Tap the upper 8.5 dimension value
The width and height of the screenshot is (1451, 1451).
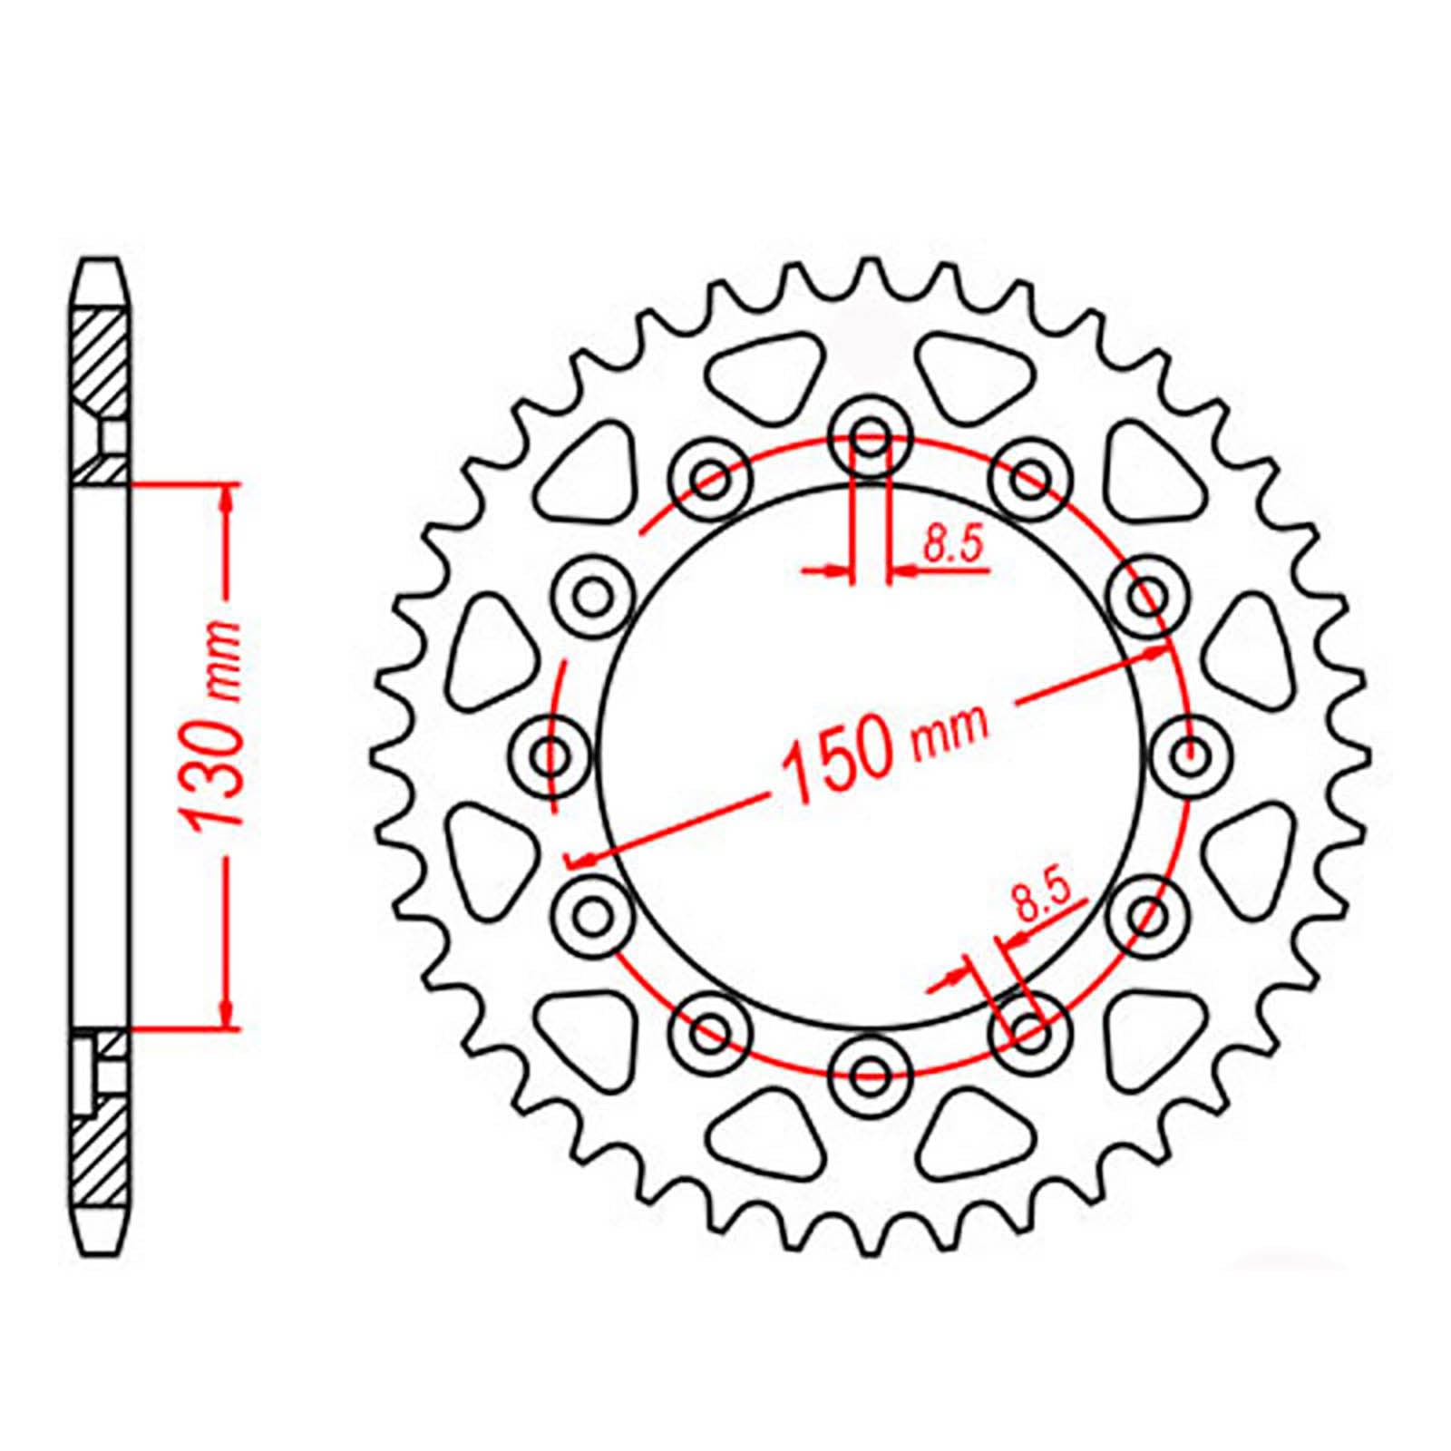click(x=953, y=547)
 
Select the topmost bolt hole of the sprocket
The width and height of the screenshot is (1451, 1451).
click(x=871, y=433)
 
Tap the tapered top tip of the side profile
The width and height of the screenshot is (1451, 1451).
click(x=99, y=272)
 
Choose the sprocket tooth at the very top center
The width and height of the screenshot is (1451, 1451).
click(x=871, y=272)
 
